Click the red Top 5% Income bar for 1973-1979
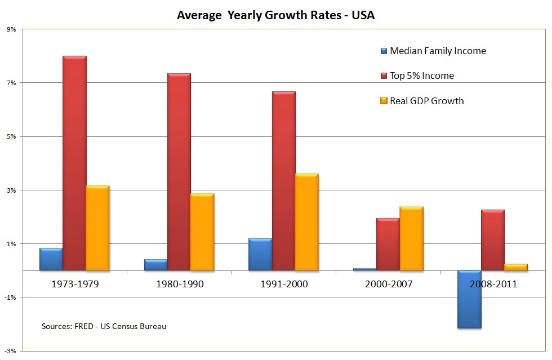[74, 163]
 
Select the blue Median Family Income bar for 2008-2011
[469, 299]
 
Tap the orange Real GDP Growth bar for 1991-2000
[306, 222]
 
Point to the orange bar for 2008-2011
[515, 267]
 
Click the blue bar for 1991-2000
[260, 255]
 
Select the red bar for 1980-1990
[179, 172]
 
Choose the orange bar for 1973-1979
[97, 228]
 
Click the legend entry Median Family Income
[438, 51]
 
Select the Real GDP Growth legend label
[427, 101]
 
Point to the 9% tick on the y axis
[11, 29]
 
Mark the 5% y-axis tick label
[11, 136]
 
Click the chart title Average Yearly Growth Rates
[275, 15]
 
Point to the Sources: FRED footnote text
[104, 326]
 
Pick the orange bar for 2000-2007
[411, 238]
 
